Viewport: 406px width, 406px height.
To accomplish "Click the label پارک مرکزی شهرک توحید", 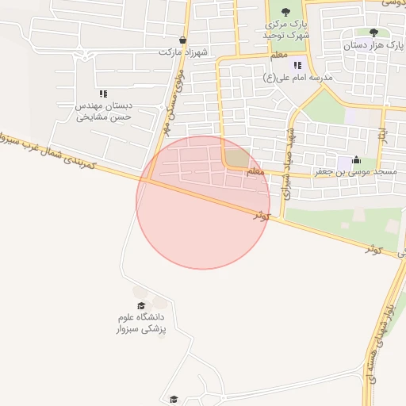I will pyautogui.click(x=285, y=31).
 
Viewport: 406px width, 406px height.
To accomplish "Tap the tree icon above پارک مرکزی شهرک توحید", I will pyautogui.click(x=285, y=12).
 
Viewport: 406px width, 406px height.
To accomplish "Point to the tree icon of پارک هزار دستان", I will pyautogui.click(x=373, y=33).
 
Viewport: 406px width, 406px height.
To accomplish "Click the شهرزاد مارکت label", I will pyautogui.click(x=183, y=53).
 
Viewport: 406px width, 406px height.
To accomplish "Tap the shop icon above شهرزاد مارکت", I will pyautogui.click(x=183, y=40).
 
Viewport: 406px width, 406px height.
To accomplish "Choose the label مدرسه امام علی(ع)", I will pyautogui.click(x=297, y=78).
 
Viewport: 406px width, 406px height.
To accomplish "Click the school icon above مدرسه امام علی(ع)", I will pyautogui.click(x=297, y=65).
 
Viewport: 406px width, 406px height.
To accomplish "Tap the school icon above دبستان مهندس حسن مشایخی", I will pyautogui.click(x=103, y=94).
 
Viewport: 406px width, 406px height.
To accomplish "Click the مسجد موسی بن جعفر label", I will pyautogui.click(x=354, y=171).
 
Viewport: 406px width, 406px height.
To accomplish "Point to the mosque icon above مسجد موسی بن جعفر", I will pyautogui.click(x=354, y=159).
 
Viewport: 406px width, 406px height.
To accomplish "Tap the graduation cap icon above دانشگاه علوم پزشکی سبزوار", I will pyautogui.click(x=142, y=305).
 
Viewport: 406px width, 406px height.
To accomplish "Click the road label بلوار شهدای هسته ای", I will pyautogui.click(x=377, y=341).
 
